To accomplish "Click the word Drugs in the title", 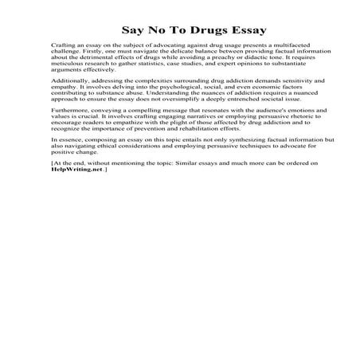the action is coord(189,28).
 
